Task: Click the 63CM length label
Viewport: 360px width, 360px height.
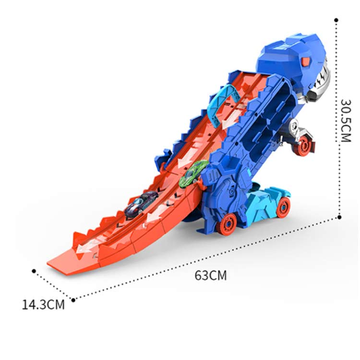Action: click(211, 276)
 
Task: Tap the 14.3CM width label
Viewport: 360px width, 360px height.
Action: click(43, 305)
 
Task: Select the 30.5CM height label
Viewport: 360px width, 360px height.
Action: click(346, 120)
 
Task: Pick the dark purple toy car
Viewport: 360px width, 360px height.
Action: click(141, 203)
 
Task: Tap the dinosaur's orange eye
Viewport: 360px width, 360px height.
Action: click(306, 61)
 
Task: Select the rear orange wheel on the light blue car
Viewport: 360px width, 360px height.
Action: click(283, 207)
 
